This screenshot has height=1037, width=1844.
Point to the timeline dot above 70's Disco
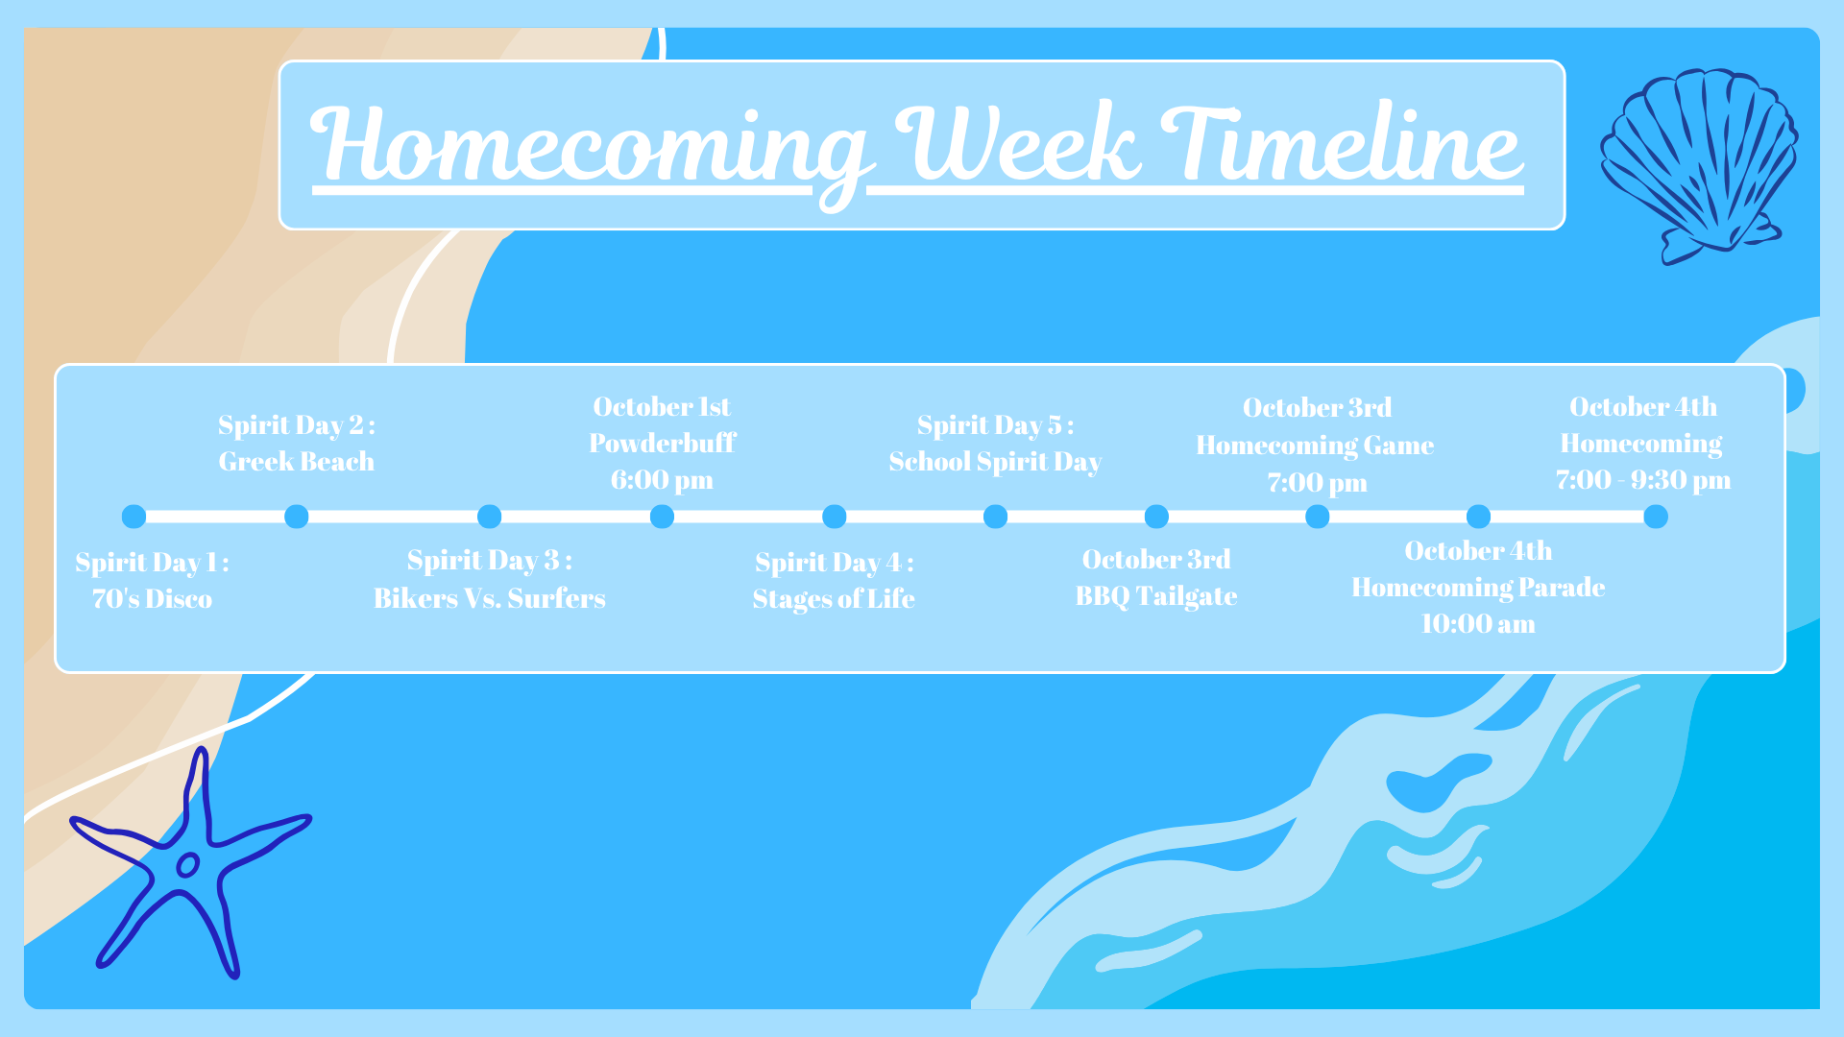[x=134, y=517]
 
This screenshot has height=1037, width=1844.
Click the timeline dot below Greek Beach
[x=297, y=517]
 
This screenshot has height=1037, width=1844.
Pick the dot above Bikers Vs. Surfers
[x=490, y=517]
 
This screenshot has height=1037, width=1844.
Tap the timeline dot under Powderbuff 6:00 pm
[x=662, y=517]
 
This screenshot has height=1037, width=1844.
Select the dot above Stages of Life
[x=835, y=517]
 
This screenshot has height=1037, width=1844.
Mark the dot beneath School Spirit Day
[x=996, y=517]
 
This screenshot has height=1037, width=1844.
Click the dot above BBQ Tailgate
[x=1157, y=517]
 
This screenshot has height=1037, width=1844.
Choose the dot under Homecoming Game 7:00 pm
[x=1318, y=517]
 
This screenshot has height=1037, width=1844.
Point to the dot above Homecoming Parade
[x=1479, y=517]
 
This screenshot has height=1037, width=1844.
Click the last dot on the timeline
[x=1656, y=517]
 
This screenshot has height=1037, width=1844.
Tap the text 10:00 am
[x=1478, y=624]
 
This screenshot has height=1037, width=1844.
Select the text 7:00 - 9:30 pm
[x=1643, y=480]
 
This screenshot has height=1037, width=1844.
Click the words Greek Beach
[x=297, y=462]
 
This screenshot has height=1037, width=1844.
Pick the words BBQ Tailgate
[x=1156, y=596]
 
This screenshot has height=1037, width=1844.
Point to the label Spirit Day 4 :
[x=835, y=562]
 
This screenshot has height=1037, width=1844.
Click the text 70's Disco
[x=152, y=599]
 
